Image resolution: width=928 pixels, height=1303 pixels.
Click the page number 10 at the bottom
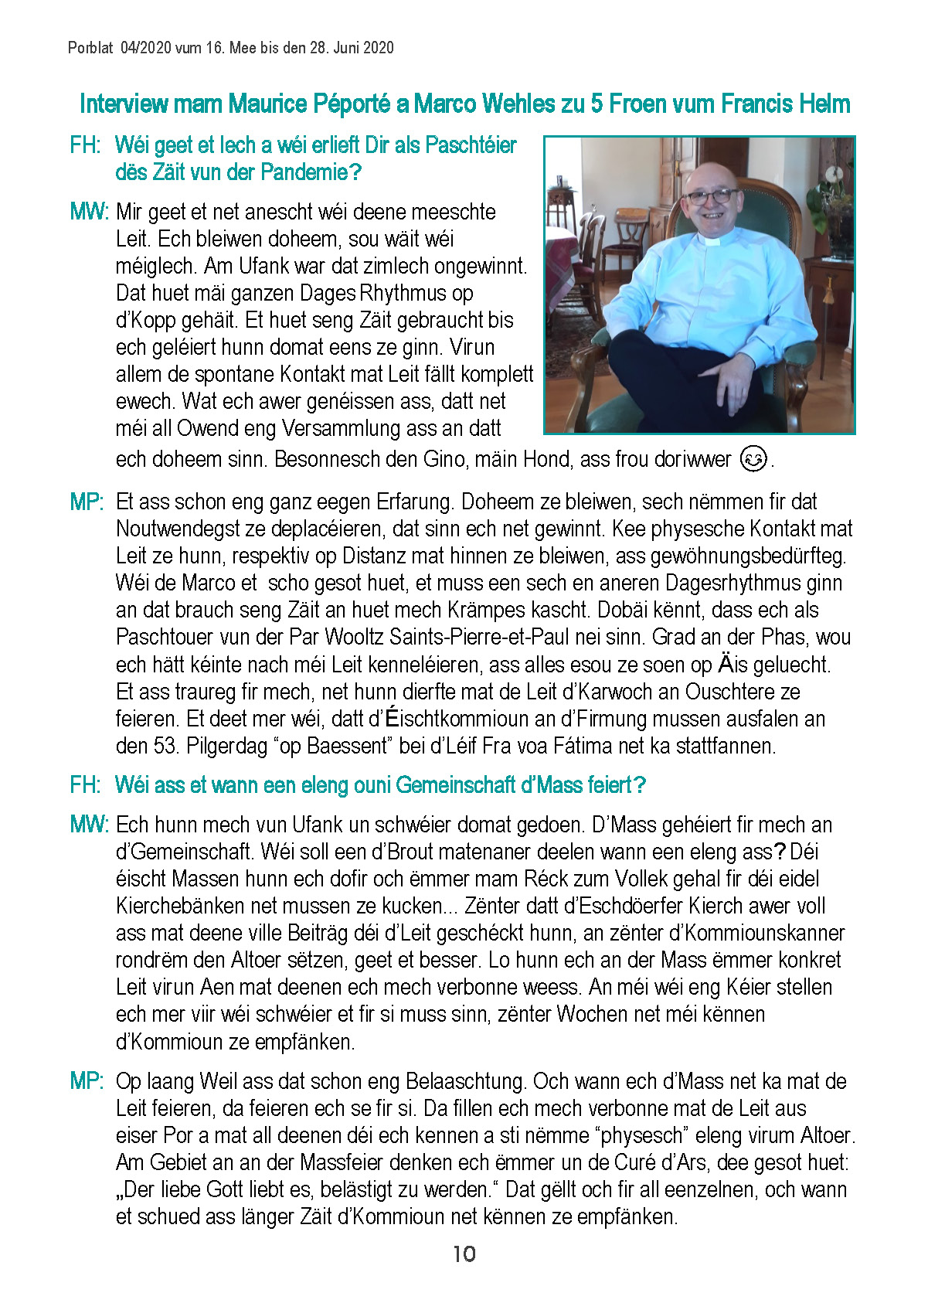pyautogui.click(x=464, y=1254)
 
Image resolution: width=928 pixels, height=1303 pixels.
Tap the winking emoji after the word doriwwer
pyautogui.click(x=753, y=459)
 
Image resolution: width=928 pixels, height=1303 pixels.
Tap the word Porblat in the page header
pyautogui.click(x=90, y=48)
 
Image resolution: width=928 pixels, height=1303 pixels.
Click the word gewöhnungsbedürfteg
pyautogui.click(x=749, y=556)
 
